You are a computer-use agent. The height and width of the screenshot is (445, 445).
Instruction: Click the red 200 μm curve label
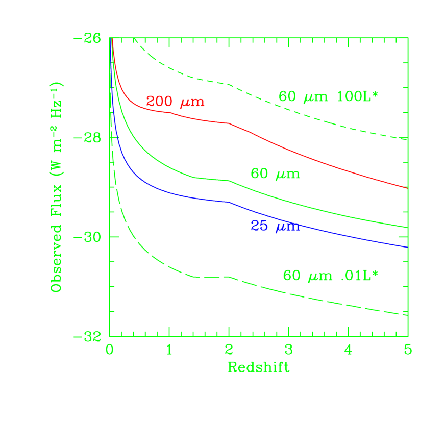point(175,102)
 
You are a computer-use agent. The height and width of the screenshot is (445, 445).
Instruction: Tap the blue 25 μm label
point(275,226)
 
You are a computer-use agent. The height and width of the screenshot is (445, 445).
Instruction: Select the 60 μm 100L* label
point(328,96)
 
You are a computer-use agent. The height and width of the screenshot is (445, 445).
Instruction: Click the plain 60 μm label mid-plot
point(275,174)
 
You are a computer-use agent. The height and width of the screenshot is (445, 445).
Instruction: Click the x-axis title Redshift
point(258,367)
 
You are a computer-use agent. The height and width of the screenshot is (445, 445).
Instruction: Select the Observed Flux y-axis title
point(57,187)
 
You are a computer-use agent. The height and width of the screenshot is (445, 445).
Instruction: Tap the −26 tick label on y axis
point(87,38)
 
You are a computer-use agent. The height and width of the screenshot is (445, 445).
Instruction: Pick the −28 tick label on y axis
point(87,138)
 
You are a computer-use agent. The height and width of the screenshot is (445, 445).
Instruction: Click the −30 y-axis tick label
point(87,237)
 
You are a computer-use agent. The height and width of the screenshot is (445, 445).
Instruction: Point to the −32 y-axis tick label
point(87,337)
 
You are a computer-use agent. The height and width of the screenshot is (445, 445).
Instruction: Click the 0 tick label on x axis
point(109,350)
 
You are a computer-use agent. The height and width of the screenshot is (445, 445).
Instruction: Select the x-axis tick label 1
point(169,350)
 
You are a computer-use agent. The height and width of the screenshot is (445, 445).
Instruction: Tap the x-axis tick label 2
point(229,350)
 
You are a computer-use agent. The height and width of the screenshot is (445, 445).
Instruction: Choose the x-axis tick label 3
point(288,350)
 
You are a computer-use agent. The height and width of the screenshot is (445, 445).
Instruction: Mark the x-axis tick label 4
point(348,350)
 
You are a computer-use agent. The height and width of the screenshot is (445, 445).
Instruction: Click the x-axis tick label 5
point(407,350)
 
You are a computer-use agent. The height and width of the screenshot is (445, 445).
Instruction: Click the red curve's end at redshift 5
point(407,187)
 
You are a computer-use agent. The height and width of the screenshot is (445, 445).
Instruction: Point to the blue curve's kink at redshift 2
point(229,202)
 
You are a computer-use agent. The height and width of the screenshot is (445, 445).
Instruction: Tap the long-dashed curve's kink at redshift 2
point(229,277)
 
